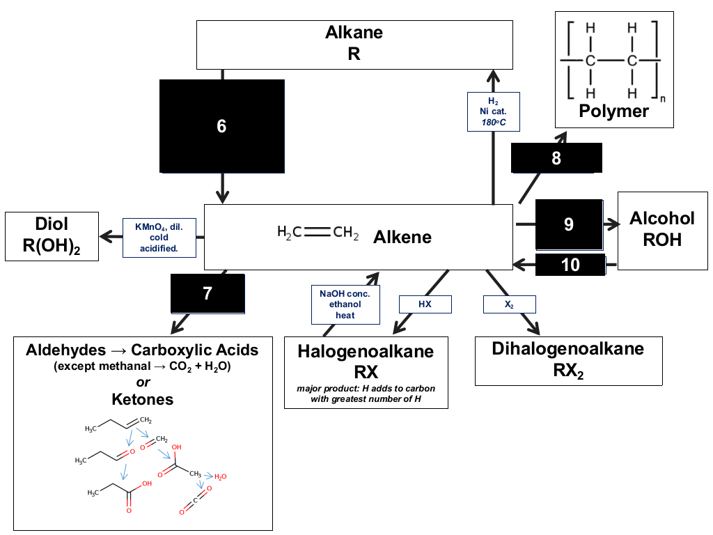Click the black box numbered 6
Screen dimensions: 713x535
[x=222, y=126]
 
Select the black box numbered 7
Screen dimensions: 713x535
[x=207, y=293]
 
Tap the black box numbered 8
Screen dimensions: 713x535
[x=556, y=158]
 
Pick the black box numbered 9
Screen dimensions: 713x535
[x=570, y=224]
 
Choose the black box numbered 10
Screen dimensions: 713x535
[x=570, y=265]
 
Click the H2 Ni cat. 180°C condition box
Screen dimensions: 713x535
[x=494, y=112]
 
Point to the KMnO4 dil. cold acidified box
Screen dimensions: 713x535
[x=159, y=238]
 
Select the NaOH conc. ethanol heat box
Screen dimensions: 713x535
[x=345, y=304]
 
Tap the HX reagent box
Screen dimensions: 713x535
[x=425, y=304]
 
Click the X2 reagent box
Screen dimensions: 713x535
[x=509, y=304]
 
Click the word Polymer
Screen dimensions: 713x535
[x=614, y=111]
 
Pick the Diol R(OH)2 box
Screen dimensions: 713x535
[x=52, y=236]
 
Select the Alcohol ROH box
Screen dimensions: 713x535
[x=663, y=231]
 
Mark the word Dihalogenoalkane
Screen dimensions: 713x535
[x=568, y=348]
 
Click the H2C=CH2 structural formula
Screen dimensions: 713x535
[x=318, y=233]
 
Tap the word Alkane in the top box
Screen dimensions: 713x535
[x=354, y=32]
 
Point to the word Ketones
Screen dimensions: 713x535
[x=143, y=399]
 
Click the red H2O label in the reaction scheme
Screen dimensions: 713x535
[x=221, y=476]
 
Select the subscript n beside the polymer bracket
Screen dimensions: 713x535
[x=663, y=99]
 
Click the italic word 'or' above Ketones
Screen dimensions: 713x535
[x=143, y=382]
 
